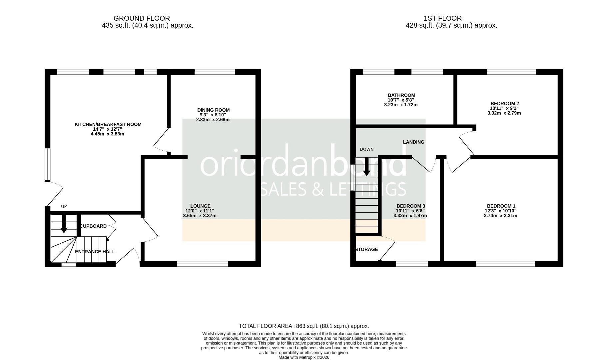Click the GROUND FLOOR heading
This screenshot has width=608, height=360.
142,18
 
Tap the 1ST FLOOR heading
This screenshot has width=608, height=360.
442,18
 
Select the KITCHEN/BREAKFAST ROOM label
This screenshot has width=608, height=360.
108,124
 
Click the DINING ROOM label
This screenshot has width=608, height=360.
213,110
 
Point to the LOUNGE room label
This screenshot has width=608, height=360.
200,206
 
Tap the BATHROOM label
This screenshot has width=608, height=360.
401,95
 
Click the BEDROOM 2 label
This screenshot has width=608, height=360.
504,103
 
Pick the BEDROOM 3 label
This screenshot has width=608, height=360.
410,206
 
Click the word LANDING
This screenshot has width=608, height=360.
413,142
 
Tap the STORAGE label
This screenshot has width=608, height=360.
366,249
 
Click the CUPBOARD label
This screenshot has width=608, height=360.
93,226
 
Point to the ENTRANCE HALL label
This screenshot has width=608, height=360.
95,252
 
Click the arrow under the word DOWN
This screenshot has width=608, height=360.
366,167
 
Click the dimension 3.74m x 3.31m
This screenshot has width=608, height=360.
500,216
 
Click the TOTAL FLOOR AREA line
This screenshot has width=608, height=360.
304,326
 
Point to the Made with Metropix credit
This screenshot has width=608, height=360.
304,357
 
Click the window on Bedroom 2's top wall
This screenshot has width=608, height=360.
511,72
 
